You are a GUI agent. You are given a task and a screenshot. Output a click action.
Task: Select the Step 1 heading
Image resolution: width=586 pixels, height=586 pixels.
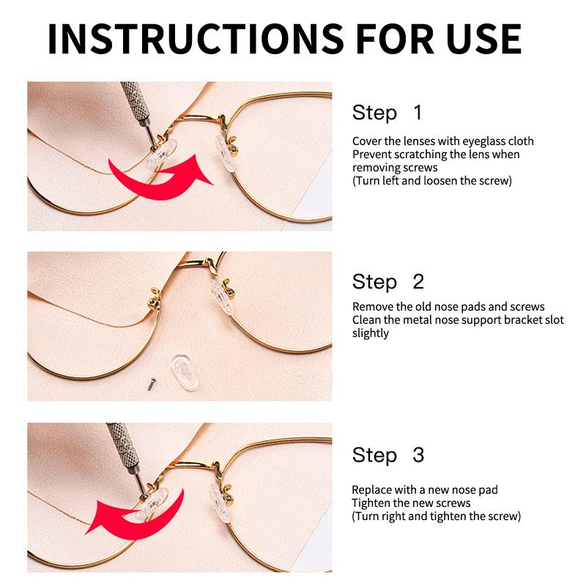[387, 112]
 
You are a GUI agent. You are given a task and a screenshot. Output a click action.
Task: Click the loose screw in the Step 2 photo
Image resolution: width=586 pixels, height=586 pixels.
[151, 384]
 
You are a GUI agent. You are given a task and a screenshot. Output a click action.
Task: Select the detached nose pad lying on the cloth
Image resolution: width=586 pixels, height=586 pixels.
[185, 372]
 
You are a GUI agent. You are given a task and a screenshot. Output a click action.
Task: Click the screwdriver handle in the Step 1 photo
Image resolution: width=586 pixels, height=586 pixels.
[136, 103]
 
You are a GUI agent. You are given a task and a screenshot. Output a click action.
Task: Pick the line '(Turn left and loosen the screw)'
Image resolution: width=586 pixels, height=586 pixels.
[432, 181]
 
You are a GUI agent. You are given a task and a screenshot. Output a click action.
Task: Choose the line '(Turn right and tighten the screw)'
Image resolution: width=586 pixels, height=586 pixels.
[436, 516]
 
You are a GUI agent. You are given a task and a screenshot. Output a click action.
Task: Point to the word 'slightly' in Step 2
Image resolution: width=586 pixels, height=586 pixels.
[371, 333]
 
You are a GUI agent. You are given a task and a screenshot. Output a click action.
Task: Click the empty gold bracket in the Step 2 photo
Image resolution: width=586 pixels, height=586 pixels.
[155, 298]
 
